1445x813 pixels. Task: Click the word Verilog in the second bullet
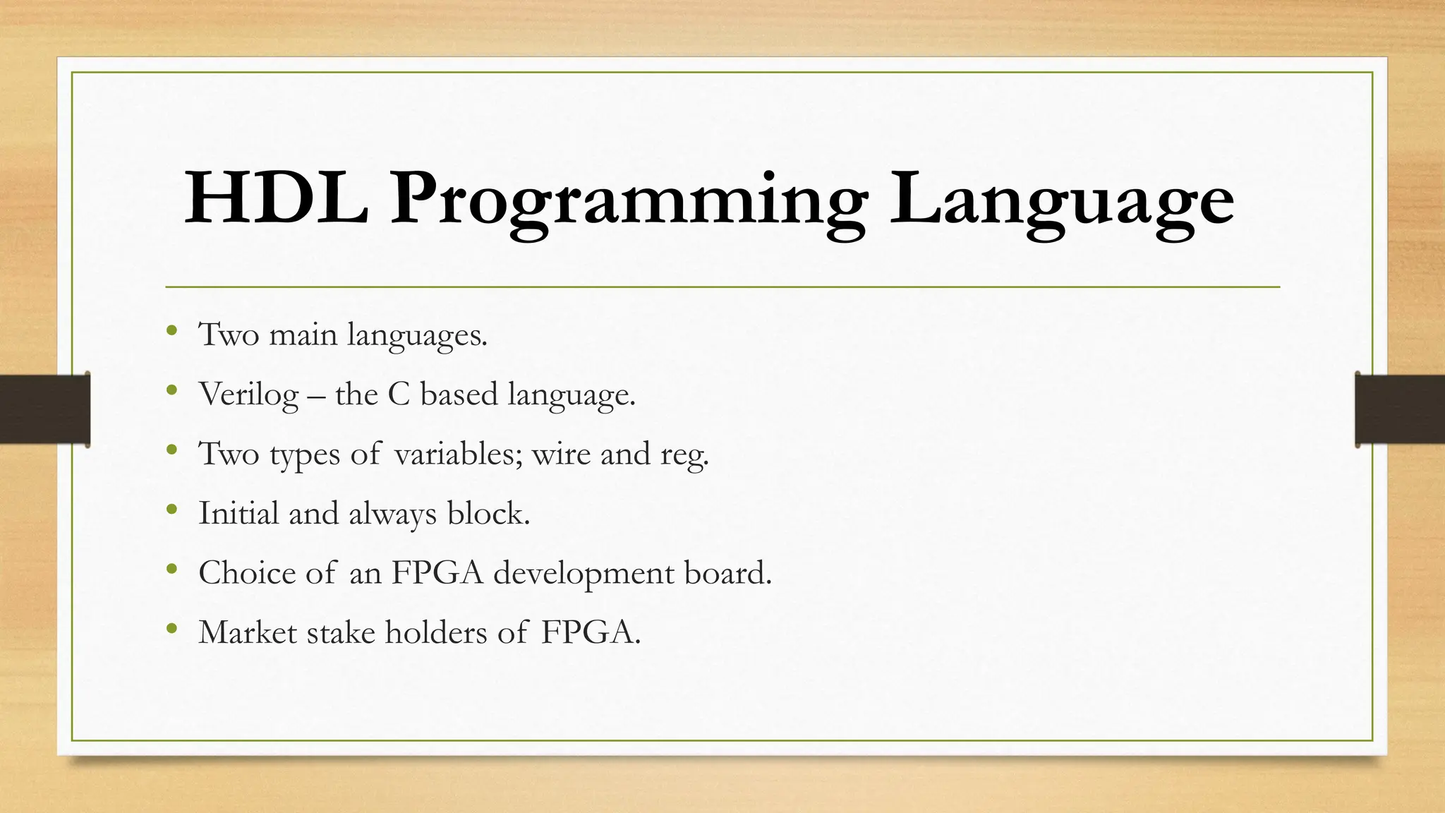[x=248, y=395]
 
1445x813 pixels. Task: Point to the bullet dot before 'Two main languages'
[x=171, y=330]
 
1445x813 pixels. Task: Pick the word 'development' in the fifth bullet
[x=584, y=573]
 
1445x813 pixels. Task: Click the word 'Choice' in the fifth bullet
[x=247, y=572]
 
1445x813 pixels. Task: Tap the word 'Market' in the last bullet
[x=248, y=632]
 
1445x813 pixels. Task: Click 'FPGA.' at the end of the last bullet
[x=591, y=632]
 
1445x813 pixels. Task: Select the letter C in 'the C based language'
[x=399, y=395]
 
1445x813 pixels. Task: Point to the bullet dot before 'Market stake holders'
[x=171, y=627]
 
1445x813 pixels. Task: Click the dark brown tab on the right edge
[x=1400, y=409]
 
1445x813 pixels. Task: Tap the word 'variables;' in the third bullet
[x=459, y=454]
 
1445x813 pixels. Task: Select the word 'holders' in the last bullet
[x=436, y=632]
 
